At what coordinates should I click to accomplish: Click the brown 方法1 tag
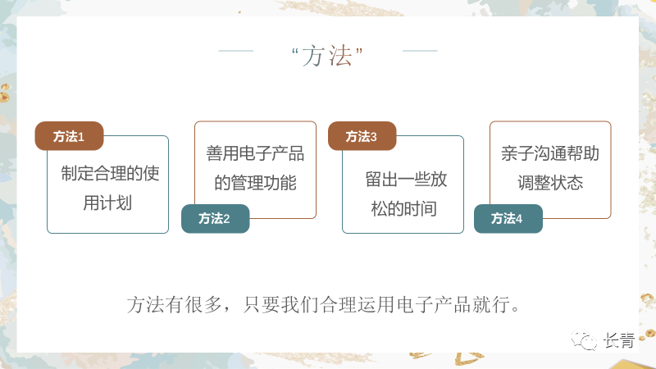69,136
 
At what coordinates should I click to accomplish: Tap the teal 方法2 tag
215,218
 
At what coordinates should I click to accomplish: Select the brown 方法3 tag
362,136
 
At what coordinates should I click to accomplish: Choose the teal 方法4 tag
508,218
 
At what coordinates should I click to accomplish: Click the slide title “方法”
328,56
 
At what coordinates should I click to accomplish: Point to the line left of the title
236,51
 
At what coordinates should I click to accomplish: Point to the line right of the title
420,51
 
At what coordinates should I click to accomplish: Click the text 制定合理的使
110,174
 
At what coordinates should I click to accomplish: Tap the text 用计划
107,203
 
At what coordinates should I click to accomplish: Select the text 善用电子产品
255,153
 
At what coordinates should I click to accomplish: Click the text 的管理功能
255,182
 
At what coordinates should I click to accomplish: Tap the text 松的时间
403,208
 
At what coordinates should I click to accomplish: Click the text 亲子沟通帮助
550,153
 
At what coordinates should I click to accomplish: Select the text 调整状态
550,182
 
